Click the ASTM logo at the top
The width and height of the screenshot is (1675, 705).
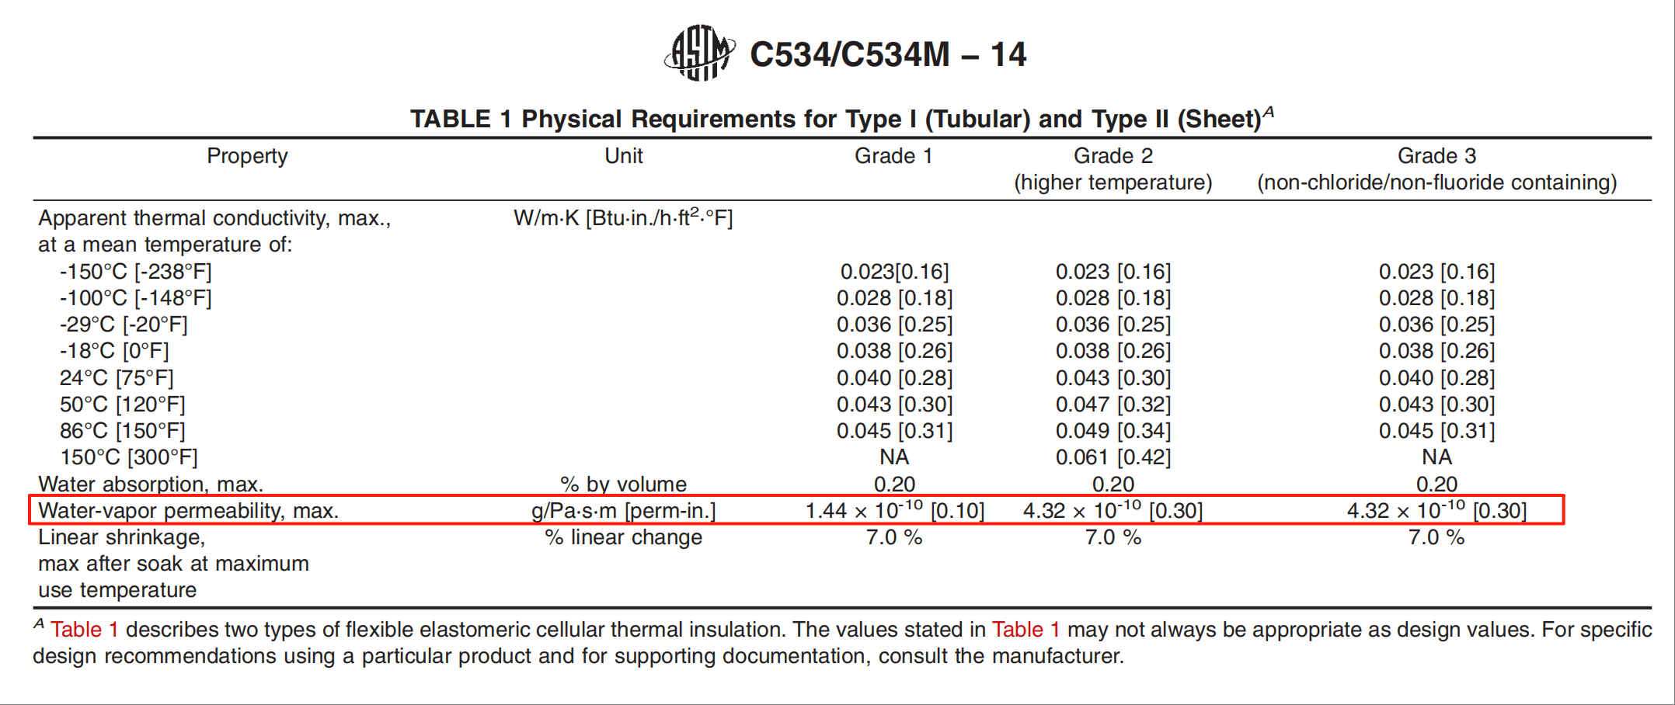tap(699, 53)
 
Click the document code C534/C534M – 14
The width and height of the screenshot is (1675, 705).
tap(887, 54)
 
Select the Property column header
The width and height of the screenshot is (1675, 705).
tap(247, 156)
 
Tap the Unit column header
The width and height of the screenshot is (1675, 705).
tap(623, 156)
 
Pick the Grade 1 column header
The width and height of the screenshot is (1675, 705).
tap(893, 156)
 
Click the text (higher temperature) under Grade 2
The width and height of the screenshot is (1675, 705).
tap(1113, 182)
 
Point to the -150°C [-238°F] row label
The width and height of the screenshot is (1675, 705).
tap(135, 272)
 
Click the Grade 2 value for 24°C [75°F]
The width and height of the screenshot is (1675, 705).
tap(1113, 378)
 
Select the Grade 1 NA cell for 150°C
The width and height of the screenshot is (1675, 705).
tap(894, 457)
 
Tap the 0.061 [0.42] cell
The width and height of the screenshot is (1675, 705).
tap(1113, 457)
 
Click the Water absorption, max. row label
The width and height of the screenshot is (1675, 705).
tap(151, 484)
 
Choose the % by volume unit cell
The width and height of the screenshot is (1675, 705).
tap(623, 484)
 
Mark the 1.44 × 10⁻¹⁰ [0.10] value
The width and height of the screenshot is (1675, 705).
tap(894, 511)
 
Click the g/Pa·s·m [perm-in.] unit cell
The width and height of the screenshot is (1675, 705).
tap(623, 511)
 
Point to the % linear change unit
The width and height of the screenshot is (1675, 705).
tap(623, 537)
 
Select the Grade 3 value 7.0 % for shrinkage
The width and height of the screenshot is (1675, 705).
tap(1436, 537)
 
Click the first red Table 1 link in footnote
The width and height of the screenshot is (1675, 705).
tap(84, 630)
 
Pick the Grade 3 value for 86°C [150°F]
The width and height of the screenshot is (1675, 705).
tap(1436, 431)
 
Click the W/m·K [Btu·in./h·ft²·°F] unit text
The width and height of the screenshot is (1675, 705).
tap(623, 218)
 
